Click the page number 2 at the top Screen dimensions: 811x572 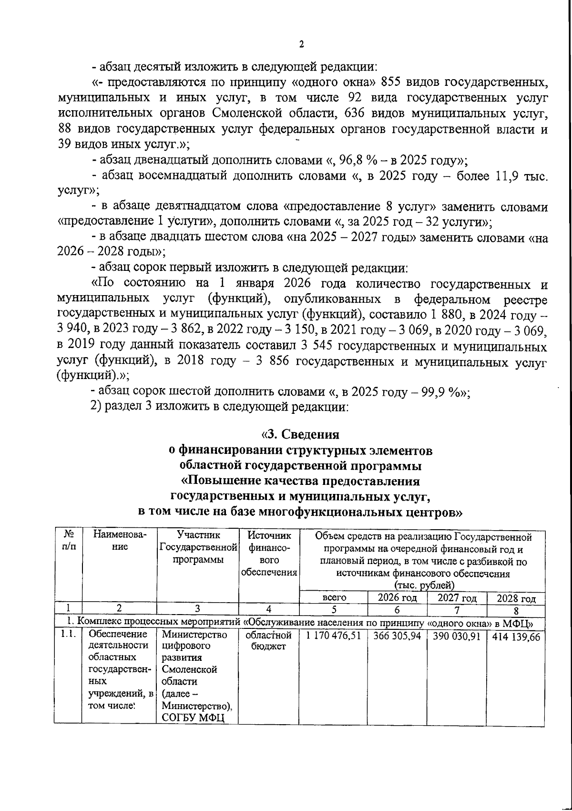[x=301, y=44]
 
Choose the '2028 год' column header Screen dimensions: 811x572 [x=516, y=598]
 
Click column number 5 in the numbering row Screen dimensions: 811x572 [x=334, y=609]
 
